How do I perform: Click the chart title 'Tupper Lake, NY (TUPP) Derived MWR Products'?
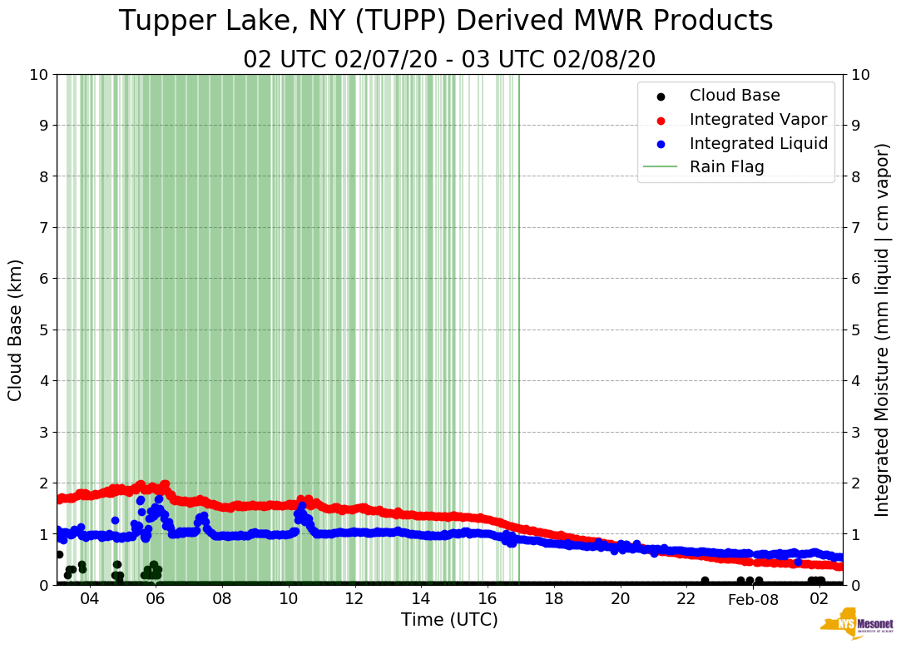(x=446, y=22)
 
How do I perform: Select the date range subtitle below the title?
(x=449, y=60)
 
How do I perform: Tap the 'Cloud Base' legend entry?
(x=735, y=96)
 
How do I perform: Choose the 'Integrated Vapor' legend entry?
(x=758, y=119)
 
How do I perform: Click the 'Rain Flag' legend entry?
(x=726, y=166)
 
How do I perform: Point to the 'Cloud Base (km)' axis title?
(x=16, y=330)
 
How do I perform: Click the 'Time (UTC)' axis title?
(x=449, y=620)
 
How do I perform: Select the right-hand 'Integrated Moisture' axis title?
(x=883, y=330)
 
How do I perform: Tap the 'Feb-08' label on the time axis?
(x=753, y=600)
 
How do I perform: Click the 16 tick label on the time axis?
(x=488, y=599)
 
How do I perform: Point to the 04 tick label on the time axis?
(x=89, y=599)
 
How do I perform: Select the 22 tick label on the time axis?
(x=686, y=599)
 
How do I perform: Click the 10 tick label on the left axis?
(x=38, y=75)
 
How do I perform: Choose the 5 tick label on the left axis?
(x=43, y=330)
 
